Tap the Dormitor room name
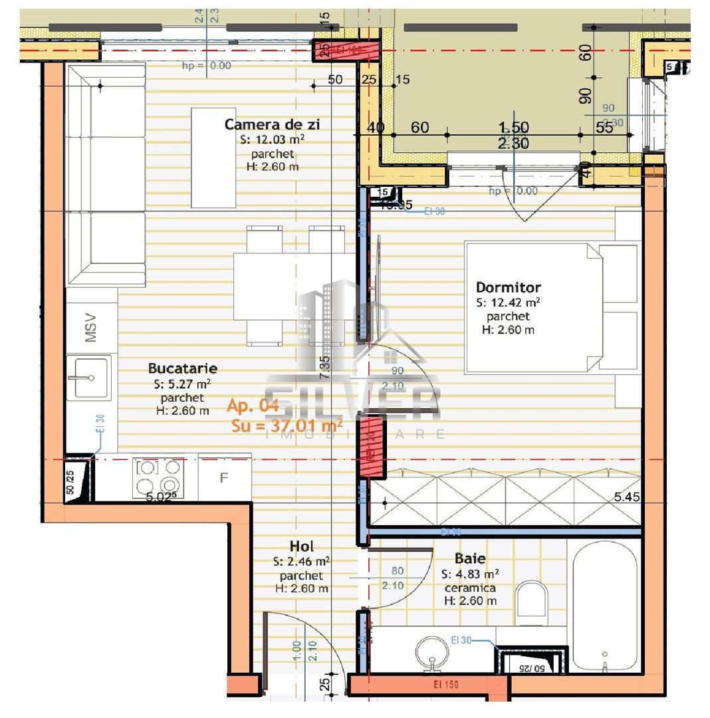[508, 287]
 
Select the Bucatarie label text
[182, 368]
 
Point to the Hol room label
[301, 546]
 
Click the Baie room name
[470, 558]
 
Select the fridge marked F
[224, 477]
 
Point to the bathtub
[604, 605]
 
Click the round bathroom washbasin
[433, 651]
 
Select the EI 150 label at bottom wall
[440, 684]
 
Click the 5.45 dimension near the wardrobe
[627, 496]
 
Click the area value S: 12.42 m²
[508, 302]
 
